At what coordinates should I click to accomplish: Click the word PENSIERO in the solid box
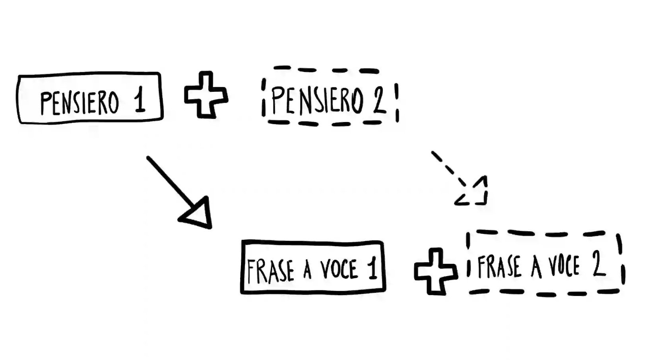(80, 103)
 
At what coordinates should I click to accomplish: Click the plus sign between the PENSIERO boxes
(206, 95)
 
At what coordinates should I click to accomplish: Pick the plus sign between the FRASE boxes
(435, 271)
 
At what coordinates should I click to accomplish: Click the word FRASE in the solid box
(270, 271)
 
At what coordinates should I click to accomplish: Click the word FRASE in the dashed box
(499, 266)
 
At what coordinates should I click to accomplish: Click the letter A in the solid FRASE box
(307, 270)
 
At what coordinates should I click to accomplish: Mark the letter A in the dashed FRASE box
(536, 267)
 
